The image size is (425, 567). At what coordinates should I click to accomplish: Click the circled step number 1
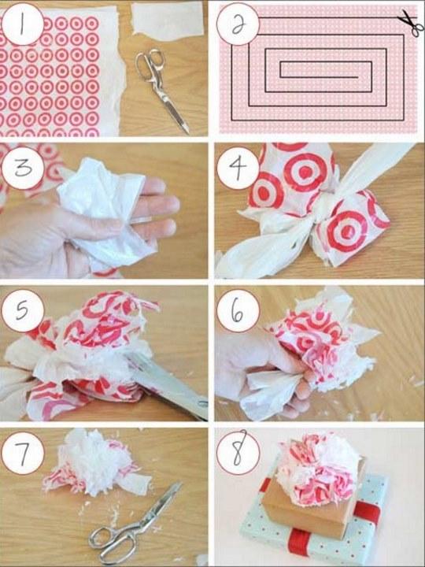[x=22, y=24]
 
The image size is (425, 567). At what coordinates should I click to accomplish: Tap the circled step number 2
[x=238, y=24]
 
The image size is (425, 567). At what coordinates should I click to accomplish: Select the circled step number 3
[x=22, y=168]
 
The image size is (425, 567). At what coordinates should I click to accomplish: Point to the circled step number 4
[x=238, y=168]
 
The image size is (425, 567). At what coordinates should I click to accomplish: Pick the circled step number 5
[x=22, y=310]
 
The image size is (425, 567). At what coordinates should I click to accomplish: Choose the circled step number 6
[x=238, y=310]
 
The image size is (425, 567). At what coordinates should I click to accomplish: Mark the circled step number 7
[x=22, y=453]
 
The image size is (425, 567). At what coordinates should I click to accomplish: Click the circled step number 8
[x=238, y=452]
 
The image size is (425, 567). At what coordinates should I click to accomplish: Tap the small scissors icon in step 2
[x=412, y=22]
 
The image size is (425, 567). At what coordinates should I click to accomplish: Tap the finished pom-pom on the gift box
[x=318, y=469]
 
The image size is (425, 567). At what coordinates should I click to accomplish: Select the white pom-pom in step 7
[x=97, y=462]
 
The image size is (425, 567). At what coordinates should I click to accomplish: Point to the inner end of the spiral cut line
[x=358, y=77]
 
